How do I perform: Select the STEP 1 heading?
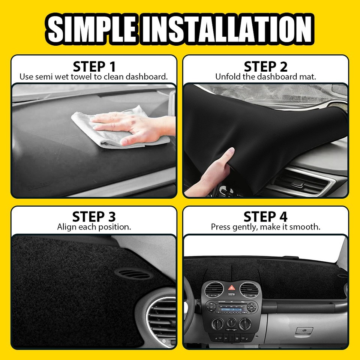point(94,67)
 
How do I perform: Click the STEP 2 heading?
point(265,67)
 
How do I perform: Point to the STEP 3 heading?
point(94,217)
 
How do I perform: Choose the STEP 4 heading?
point(265,217)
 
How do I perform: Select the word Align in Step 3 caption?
point(67,227)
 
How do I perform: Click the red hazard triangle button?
point(231,288)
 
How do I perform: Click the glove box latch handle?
point(304,331)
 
